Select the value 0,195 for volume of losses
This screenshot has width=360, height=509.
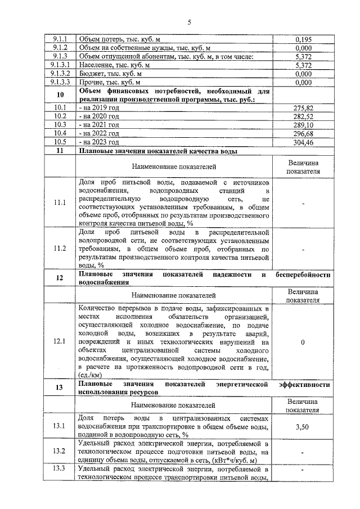[x=303, y=39]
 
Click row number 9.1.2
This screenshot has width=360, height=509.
[x=60, y=48]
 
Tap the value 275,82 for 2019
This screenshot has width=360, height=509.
[x=303, y=107]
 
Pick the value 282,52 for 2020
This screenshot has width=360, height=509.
[x=303, y=116]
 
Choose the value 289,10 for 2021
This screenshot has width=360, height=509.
[x=303, y=125]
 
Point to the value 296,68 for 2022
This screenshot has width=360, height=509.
[x=303, y=133]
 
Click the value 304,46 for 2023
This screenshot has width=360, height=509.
[x=303, y=142]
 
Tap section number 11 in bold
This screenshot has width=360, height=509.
[x=60, y=151]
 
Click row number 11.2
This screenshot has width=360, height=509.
[x=60, y=248]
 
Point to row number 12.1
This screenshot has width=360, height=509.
[x=60, y=342]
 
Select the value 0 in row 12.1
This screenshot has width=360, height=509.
[x=303, y=342]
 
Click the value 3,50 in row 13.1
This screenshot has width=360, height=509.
[x=303, y=427]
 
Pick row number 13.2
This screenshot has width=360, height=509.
[x=60, y=452]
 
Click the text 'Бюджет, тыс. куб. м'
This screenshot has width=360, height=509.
[x=111, y=74]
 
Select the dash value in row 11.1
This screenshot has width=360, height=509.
[x=303, y=203]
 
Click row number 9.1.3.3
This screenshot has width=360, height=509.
[x=60, y=82]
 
